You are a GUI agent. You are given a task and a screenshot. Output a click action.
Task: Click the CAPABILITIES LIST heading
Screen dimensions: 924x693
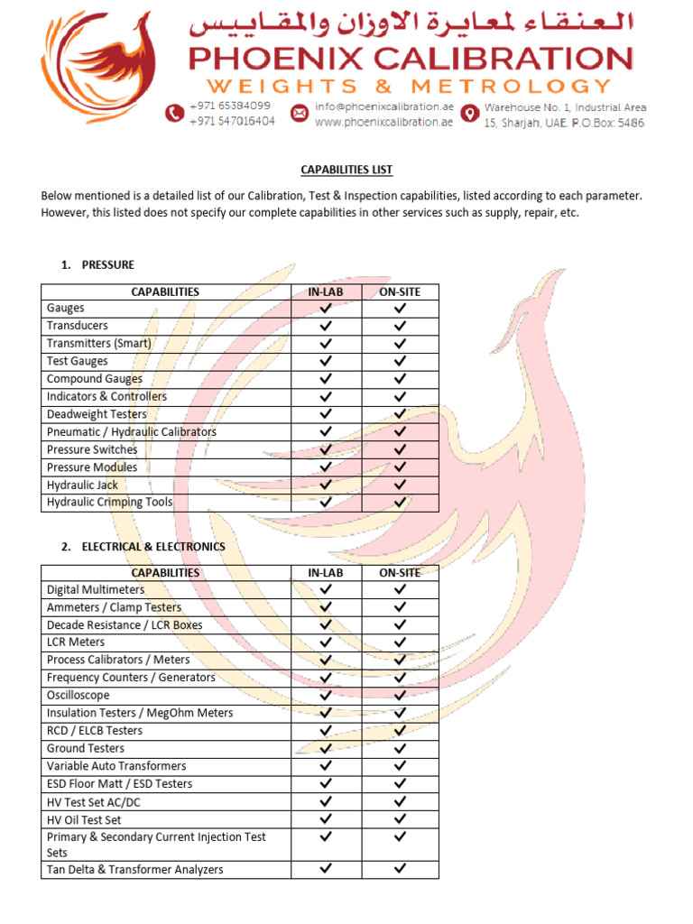pos(346,170)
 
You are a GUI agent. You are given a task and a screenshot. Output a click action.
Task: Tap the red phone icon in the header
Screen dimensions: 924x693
pos(174,113)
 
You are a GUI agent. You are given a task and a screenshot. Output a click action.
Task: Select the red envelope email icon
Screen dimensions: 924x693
pos(299,113)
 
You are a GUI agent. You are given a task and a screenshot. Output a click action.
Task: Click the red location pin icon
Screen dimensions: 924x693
pos(469,113)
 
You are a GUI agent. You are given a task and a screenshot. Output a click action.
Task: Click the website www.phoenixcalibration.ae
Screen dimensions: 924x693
pos(383,122)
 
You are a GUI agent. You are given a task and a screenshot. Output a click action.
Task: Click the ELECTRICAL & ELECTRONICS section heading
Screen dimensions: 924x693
pos(153,547)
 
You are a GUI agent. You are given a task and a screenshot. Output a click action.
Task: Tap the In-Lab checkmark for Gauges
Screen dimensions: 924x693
pos(326,309)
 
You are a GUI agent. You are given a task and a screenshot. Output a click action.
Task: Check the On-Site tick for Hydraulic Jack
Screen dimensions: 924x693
pos(400,485)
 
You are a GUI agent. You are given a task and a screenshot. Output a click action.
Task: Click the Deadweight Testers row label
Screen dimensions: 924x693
pos(97,414)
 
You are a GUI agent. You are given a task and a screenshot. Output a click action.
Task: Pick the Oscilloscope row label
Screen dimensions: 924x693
pos(78,696)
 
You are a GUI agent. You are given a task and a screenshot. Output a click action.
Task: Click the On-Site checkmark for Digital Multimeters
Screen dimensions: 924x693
pos(400,589)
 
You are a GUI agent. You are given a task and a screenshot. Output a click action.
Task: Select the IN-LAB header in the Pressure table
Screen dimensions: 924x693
pos(326,291)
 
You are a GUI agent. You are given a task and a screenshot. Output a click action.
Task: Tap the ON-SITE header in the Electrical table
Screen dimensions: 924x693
pos(400,573)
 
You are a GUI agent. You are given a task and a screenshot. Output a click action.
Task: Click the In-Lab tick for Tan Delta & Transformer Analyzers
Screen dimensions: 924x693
pos(326,869)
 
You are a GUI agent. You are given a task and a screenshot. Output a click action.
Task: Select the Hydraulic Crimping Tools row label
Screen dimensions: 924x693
pos(109,503)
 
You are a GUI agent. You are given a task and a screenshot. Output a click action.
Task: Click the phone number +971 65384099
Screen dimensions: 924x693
pos(230,106)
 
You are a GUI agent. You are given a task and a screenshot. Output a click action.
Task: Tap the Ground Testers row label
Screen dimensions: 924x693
pos(86,749)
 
